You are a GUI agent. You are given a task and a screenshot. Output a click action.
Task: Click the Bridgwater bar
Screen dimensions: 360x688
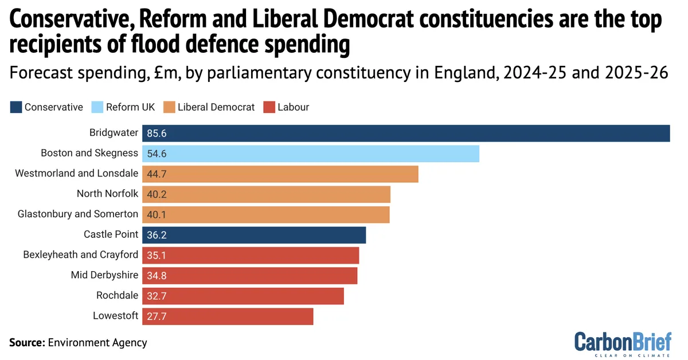pyautogui.click(x=406, y=133)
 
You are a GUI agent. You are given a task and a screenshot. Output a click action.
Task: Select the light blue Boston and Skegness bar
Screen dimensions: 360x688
pyautogui.click(x=310, y=154)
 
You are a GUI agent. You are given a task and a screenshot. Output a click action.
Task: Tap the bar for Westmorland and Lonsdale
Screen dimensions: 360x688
pyautogui.click(x=280, y=174)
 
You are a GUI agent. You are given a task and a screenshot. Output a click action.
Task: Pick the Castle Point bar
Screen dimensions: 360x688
pyautogui.click(x=254, y=234)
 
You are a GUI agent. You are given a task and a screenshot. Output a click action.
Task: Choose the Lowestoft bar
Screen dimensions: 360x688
pyautogui.click(x=228, y=316)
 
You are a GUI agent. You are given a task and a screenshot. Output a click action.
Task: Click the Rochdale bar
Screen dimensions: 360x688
pyautogui.click(x=243, y=296)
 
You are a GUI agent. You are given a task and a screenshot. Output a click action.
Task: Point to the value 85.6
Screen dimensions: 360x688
pyautogui.click(x=157, y=133)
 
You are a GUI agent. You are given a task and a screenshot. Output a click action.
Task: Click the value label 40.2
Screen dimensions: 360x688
pyautogui.click(x=157, y=194)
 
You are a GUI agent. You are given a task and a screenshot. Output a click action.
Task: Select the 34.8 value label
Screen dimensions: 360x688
pyautogui.click(x=157, y=275)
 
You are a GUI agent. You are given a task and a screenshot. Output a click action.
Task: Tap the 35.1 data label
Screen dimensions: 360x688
pyautogui.click(x=157, y=255)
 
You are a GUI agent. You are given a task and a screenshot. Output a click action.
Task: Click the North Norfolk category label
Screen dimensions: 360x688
pyautogui.click(x=107, y=194)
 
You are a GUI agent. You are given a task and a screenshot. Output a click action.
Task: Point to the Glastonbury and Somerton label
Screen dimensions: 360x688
pyautogui.click(x=78, y=214)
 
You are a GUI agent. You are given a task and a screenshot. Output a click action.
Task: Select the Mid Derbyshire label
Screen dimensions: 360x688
pyautogui.click(x=104, y=275)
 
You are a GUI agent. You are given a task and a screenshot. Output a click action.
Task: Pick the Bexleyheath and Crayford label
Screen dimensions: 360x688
pyautogui.click(x=80, y=255)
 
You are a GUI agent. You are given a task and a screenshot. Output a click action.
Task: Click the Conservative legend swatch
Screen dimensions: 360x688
pyautogui.click(x=15, y=107)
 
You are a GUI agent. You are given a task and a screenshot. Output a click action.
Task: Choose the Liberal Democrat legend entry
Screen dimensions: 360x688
pyautogui.click(x=209, y=107)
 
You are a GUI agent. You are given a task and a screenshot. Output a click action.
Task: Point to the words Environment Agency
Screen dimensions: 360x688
pyautogui.click(x=97, y=343)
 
